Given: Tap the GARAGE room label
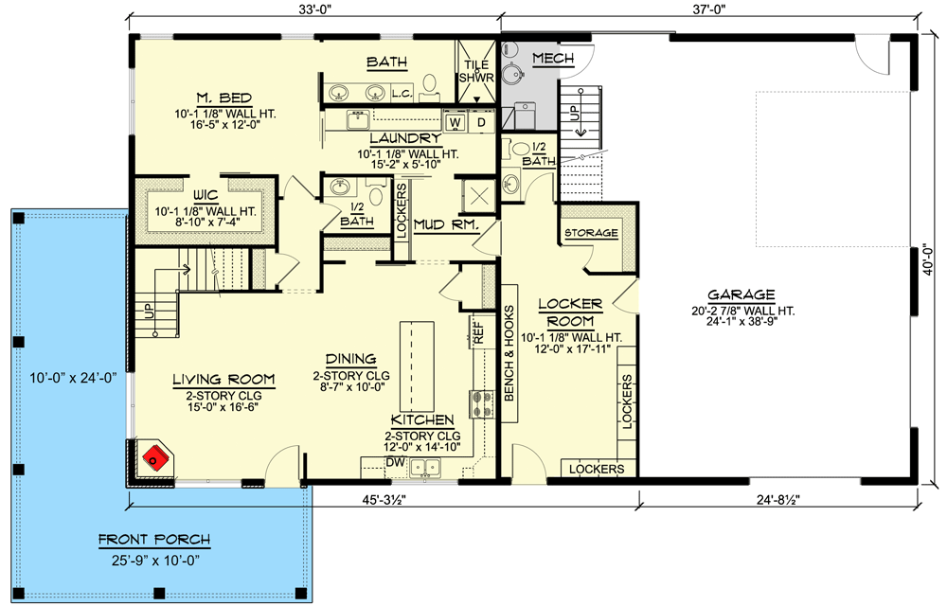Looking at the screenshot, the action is [742, 294].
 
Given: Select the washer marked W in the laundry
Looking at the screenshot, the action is [456, 122].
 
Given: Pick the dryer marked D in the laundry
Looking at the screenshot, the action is [481, 122].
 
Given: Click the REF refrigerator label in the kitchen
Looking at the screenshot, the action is [478, 332].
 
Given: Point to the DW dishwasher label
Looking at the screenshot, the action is [395, 462].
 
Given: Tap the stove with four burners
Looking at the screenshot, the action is [481, 404].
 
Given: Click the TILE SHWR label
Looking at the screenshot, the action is [476, 71].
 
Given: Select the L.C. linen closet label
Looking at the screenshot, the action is [402, 94].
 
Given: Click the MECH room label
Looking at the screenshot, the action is [553, 59].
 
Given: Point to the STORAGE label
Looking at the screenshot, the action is [591, 232].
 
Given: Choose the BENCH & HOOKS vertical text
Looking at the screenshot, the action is [509, 353].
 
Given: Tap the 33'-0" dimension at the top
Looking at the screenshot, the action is [314, 9].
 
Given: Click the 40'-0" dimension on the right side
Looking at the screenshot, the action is [928, 258].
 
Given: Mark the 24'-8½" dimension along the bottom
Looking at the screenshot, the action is [778, 499].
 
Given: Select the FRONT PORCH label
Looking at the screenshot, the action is [154, 539].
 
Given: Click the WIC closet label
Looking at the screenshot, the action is [205, 196].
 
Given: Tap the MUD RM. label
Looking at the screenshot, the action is [446, 225].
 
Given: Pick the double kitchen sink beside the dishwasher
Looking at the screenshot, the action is [425, 467].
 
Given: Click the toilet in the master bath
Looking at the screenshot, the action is [429, 84].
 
